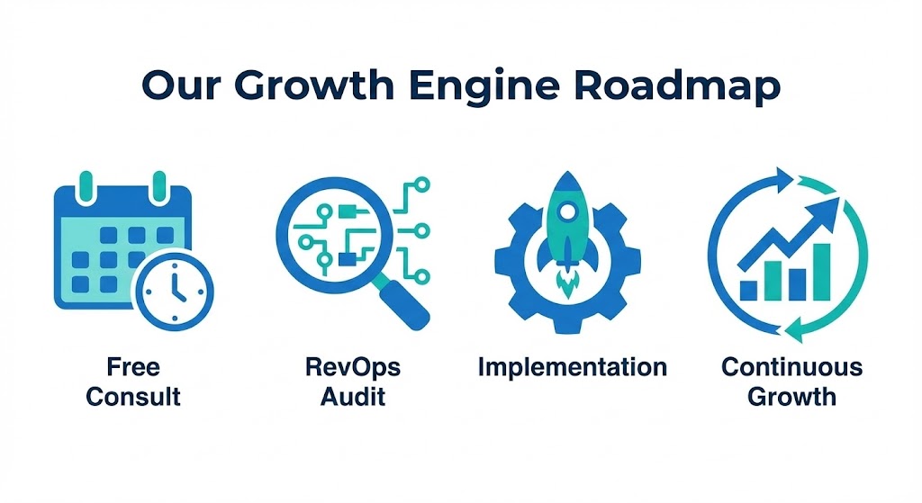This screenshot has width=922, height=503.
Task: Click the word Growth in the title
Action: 314,85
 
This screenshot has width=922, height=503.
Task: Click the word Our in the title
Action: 180,85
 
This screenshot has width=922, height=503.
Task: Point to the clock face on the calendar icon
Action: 174,291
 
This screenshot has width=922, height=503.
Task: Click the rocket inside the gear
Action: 566,234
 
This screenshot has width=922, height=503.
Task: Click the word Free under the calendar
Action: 133,367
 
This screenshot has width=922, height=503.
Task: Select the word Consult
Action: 133,397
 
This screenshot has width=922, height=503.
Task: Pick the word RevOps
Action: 353,368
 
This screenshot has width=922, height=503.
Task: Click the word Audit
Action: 353,397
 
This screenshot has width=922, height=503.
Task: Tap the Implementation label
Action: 572,368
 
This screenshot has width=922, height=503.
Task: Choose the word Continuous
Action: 791,367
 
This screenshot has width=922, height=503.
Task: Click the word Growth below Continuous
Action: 791,397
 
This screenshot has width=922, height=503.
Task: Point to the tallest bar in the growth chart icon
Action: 821,272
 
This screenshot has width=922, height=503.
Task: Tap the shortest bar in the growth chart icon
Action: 748,291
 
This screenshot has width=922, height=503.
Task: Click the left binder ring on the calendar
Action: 86,187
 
